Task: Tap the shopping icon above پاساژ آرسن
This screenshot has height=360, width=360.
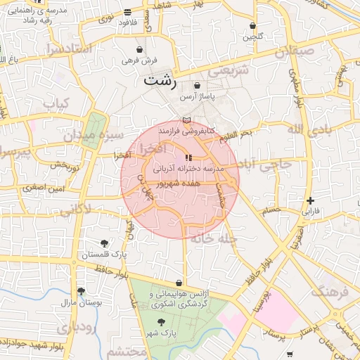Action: coord(197,85)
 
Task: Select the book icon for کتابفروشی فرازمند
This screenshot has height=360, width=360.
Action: coord(186,121)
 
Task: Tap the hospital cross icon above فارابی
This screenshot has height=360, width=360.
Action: coord(310,200)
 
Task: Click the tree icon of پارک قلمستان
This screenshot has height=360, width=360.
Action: coord(105,243)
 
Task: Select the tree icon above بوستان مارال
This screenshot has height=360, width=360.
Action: coord(82,291)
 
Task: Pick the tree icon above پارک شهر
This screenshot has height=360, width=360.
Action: coord(162,321)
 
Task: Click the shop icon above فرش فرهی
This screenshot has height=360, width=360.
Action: coord(141,50)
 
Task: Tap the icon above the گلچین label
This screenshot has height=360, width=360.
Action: coord(252,25)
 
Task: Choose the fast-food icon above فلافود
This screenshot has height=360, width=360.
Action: coord(127,12)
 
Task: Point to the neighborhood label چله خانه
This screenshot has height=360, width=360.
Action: coord(215,239)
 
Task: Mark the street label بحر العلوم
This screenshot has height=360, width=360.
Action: coord(235,134)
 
